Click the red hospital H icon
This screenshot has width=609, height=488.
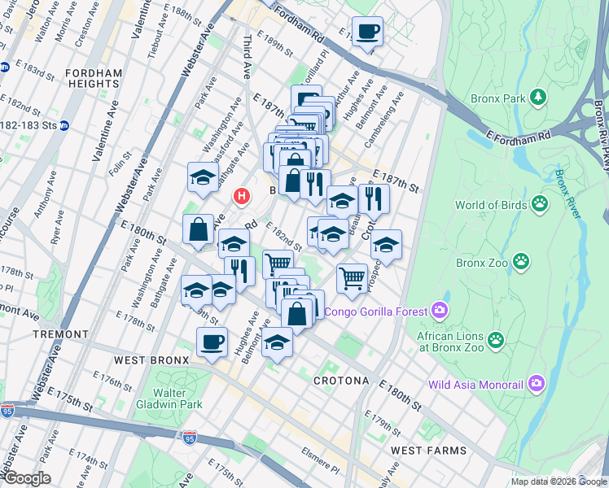(x=241, y=196)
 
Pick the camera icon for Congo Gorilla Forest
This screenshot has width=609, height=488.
(x=440, y=310)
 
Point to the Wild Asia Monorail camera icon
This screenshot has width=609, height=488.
(x=537, y=382)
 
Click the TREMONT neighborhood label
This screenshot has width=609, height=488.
(x=61, y=334)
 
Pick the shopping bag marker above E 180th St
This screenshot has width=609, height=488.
(x=199, y=229)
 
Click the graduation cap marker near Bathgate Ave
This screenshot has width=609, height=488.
(x=203, y=176)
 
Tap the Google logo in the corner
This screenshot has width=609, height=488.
(x=26, y=478)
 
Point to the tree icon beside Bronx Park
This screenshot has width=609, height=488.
(x=538, y=99)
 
